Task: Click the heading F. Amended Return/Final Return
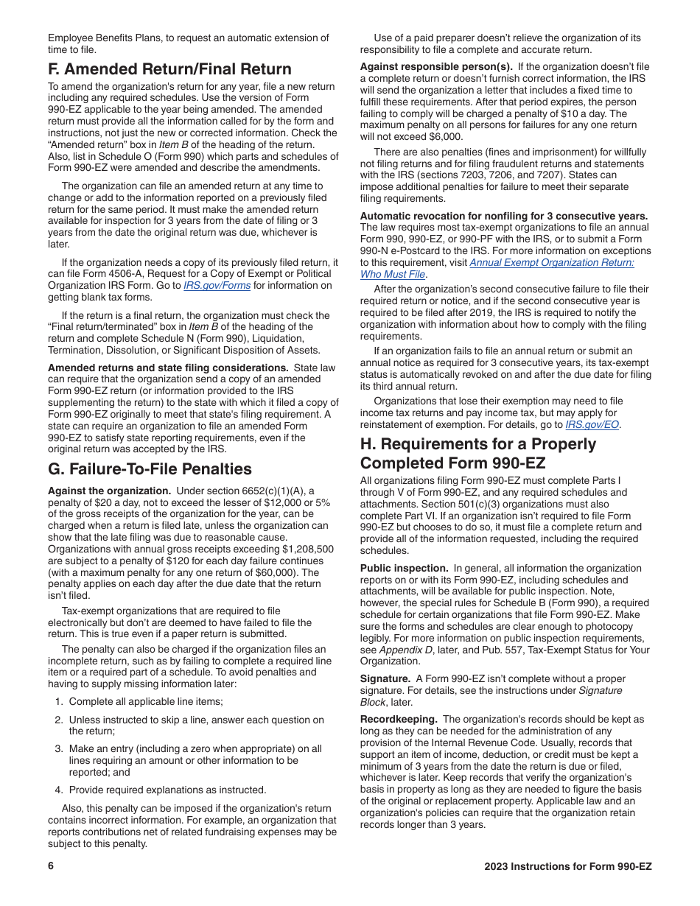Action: (x=169, y=69)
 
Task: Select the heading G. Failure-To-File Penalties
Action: (x=150, y=469)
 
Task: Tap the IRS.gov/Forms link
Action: (x=217, y=286)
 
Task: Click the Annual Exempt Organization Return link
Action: (x=551, y=263)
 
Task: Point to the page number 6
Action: (x=51, y=866)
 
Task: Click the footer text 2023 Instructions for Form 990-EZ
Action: (x=567, y=866)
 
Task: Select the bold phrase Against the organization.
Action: (x=109, y=491)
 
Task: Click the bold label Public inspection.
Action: (x=404, y=568)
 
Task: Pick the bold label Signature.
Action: (x=385, y=678)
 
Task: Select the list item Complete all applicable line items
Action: (x=145, y=702)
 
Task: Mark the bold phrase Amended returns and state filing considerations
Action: (x=167, y=368)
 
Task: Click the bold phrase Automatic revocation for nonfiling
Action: (x=503, y=216)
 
